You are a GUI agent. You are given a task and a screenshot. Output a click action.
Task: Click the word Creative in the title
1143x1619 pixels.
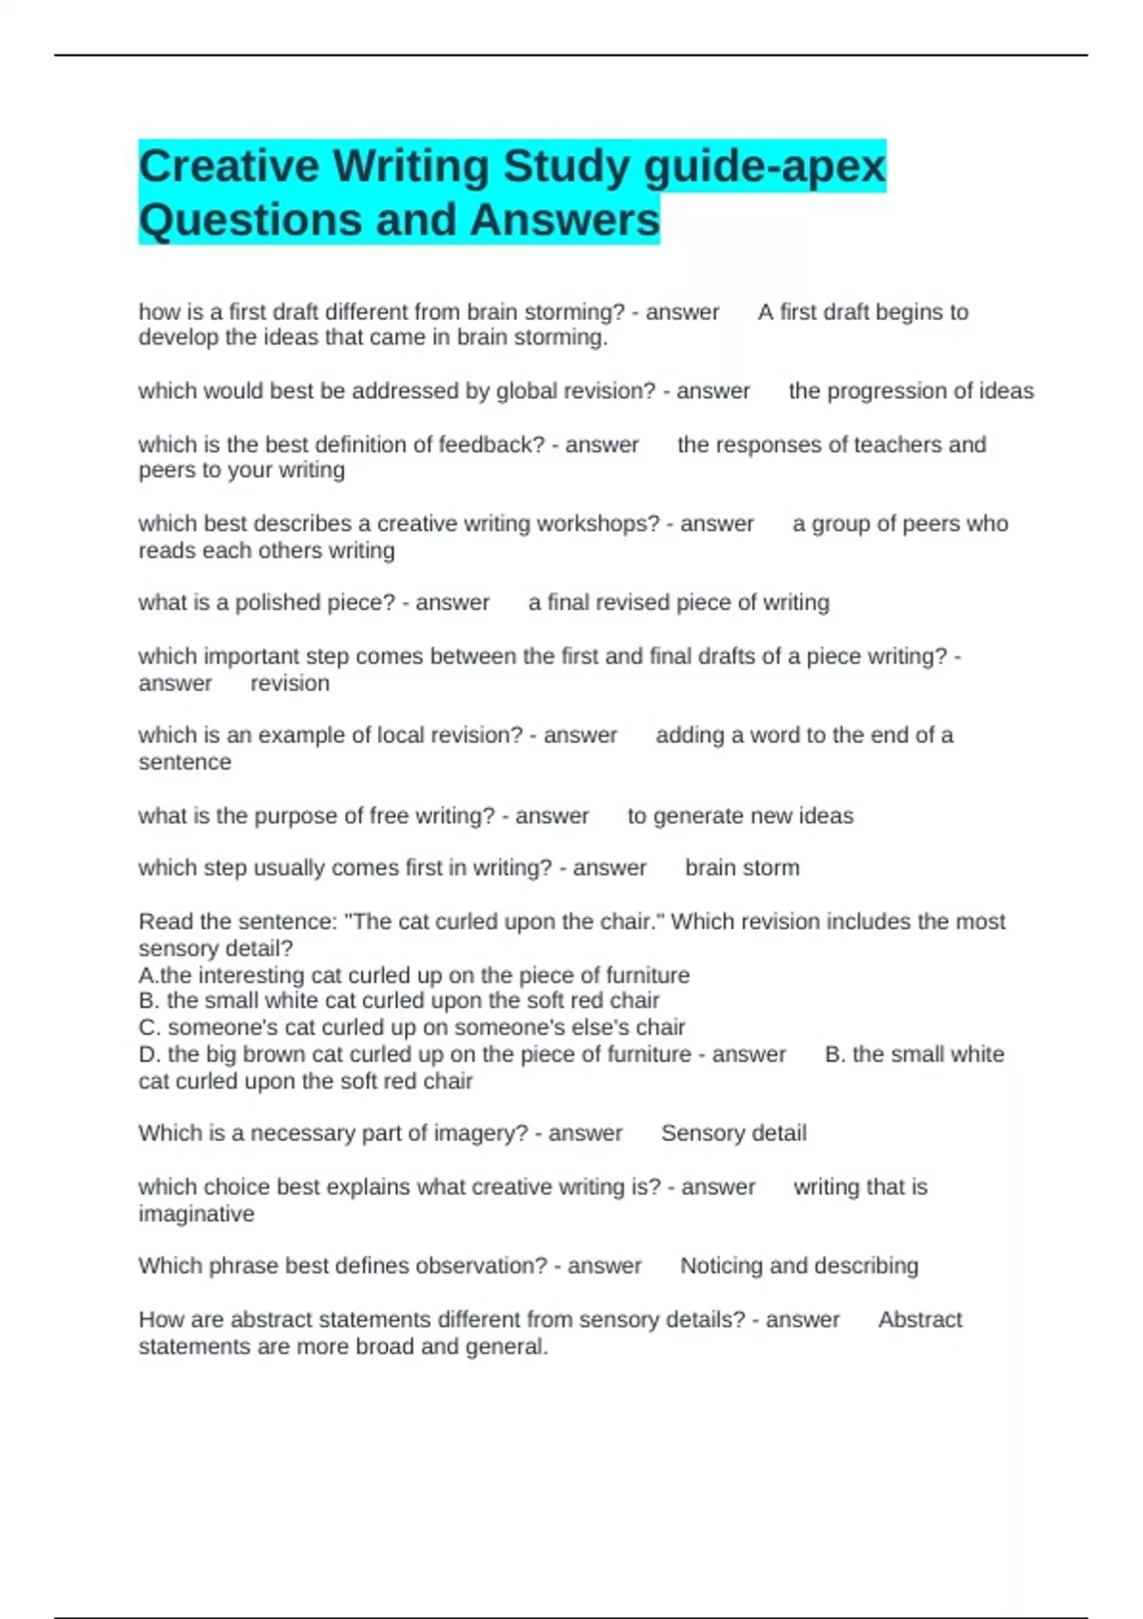point(229,167)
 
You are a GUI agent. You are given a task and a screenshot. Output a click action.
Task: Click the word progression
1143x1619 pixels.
point(886,391)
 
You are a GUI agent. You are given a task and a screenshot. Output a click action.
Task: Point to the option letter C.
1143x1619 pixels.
point(147,1028)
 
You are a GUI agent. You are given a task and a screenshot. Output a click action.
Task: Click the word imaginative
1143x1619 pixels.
point(196,1214)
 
